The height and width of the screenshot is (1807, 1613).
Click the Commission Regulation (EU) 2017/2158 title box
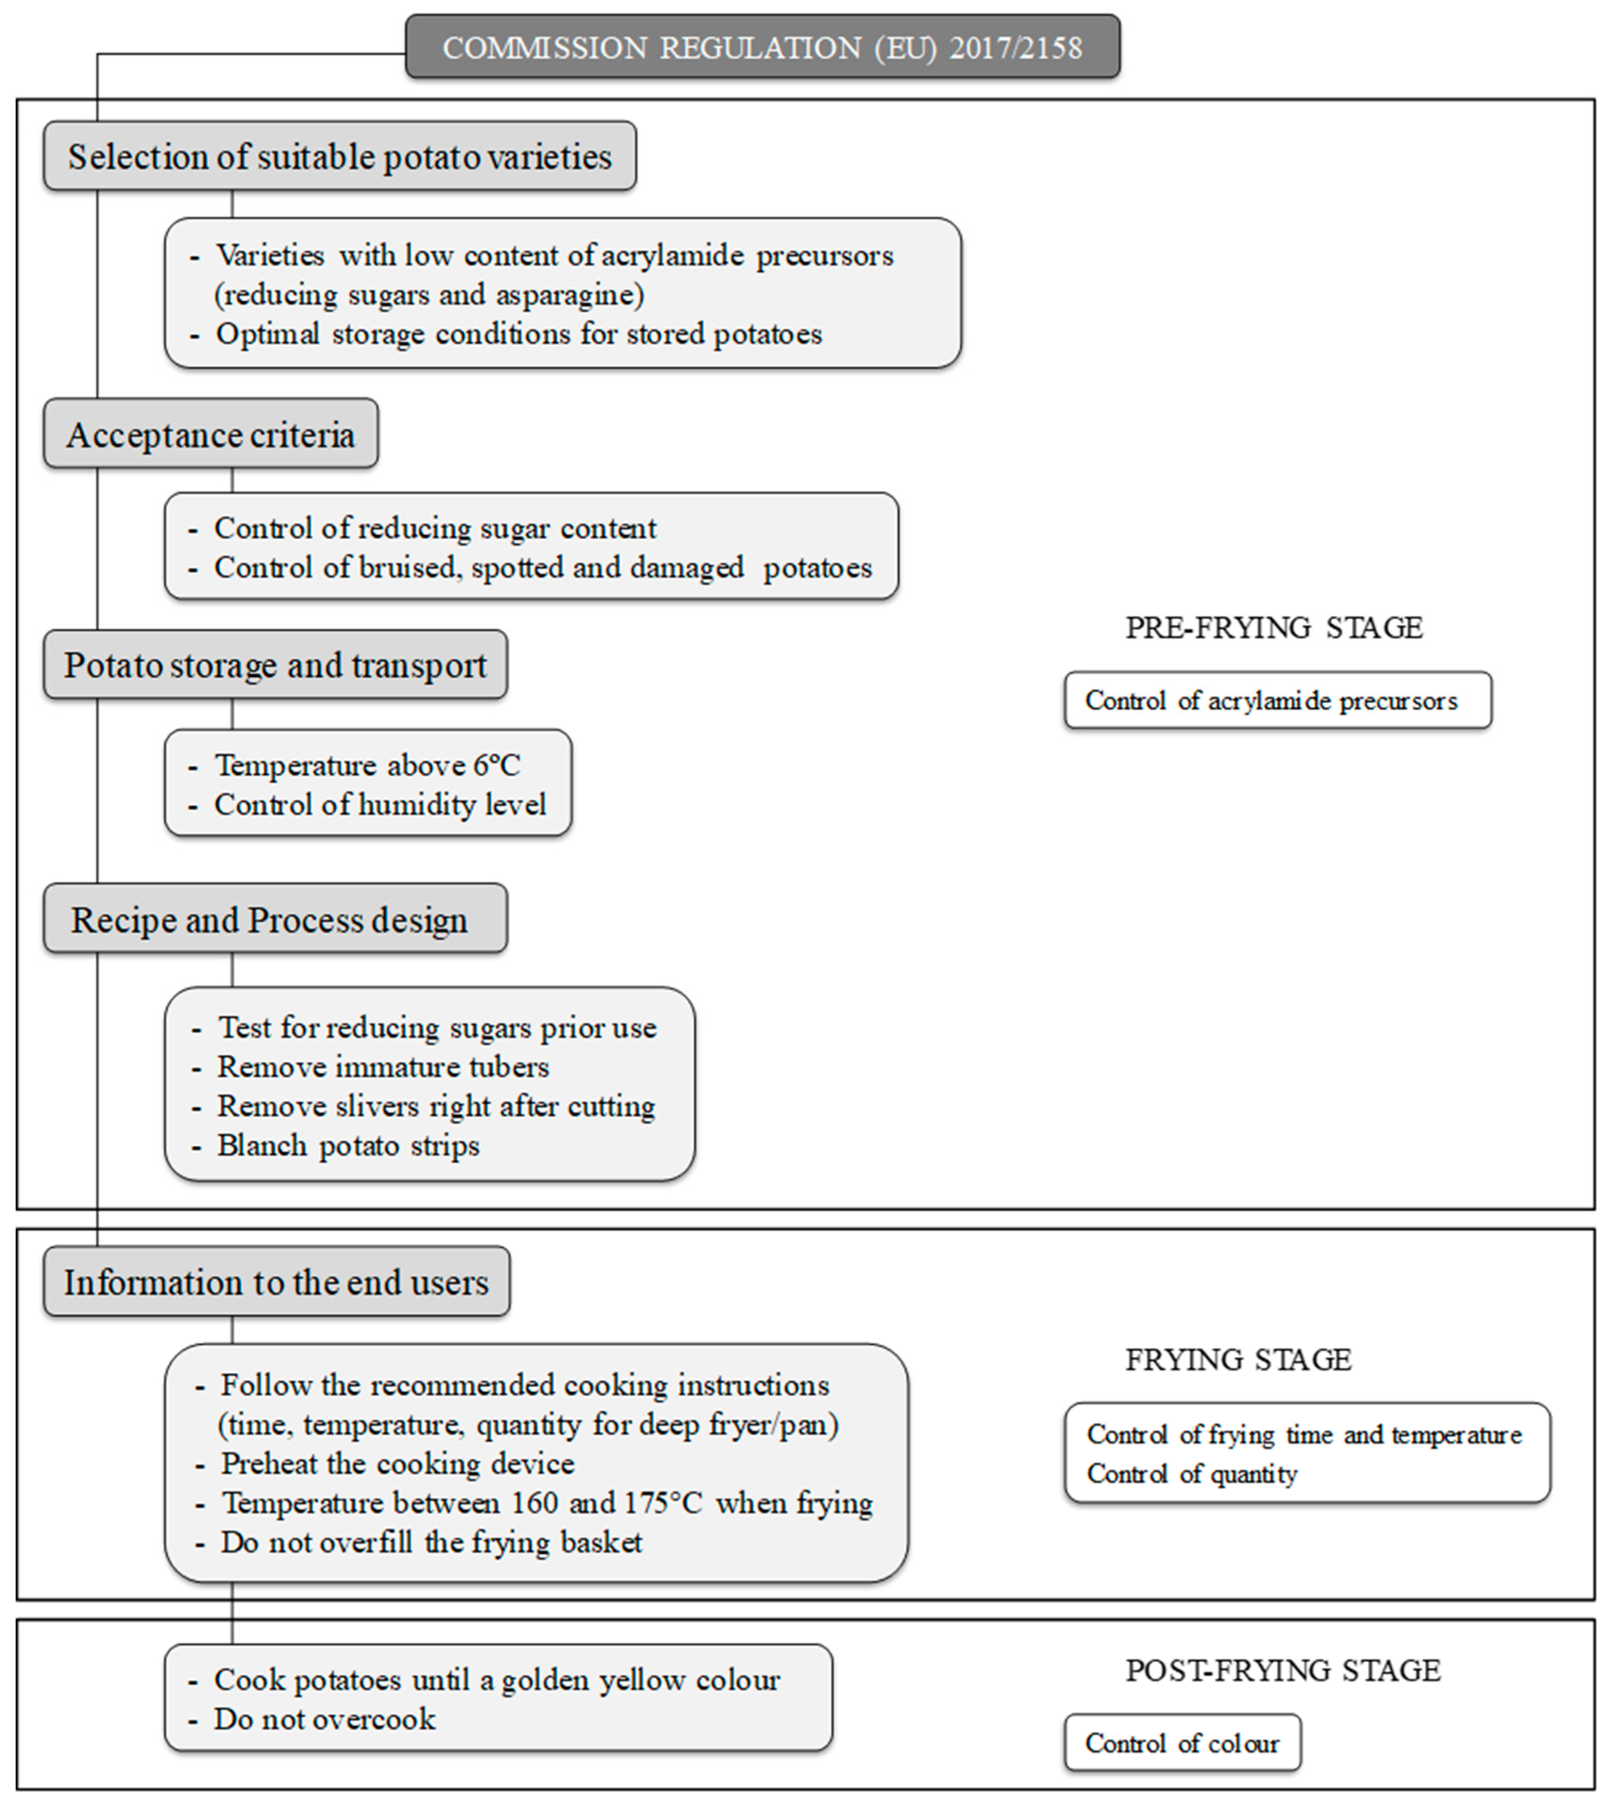(762, 47)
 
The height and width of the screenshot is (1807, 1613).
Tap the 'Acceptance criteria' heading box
(211, 434)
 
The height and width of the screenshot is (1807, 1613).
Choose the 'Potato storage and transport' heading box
(276, 664)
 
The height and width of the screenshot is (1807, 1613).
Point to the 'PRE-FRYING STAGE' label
(1274, 627)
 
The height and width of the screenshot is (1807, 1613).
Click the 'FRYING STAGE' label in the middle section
(1238, 1360)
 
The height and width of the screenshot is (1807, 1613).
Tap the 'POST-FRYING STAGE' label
(1282, 1671)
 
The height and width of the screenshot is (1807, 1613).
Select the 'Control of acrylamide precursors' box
(1277, 701)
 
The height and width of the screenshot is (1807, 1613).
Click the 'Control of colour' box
(1182, 1743)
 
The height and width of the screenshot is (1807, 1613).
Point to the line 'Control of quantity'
(1192, 1474)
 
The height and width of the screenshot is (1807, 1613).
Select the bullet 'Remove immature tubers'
(383, 1067)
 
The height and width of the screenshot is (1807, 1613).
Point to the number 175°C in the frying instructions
(649, 1503)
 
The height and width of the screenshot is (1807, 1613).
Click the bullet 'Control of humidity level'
(380, 805)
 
